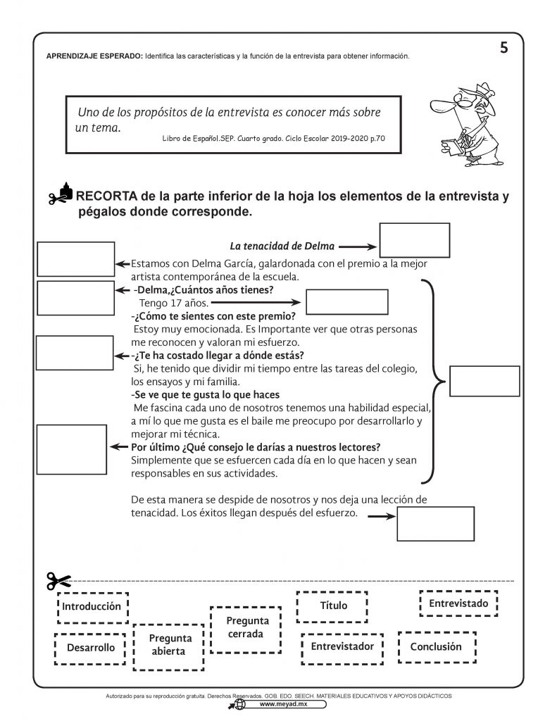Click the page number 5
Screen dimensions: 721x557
point(503,48)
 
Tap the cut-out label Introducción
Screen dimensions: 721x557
point(92,607)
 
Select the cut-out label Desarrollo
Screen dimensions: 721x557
point(91,648)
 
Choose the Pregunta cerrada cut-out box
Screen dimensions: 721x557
point(246,627)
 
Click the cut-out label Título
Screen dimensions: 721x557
point(334,606)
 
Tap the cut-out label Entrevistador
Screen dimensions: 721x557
point(342,646)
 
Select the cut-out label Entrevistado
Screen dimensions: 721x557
point(458,603)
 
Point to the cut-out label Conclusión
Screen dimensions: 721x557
point(437,646)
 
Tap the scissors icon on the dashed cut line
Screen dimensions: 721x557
point(58,582)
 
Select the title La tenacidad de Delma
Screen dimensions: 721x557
point(282,246)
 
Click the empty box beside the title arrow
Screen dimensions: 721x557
point(414,241)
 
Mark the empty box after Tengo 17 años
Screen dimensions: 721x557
point(347,303)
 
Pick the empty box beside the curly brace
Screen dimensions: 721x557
point(484,382)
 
